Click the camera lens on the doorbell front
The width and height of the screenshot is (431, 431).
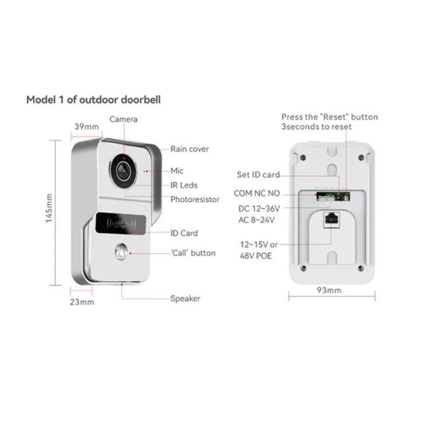(x=123, y=169)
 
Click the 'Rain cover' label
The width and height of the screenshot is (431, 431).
(x=190, y=149)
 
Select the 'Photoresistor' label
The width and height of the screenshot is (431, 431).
(x=195, y=199)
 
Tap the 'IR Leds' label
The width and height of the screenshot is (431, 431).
(x=184, y=185)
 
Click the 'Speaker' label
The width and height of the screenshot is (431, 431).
(x=185, y=298)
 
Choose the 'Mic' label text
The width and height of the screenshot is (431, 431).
(x=177, y=171)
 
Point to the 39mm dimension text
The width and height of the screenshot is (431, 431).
(x=86, y=127)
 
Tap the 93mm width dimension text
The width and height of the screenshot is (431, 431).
(x=329, y=291)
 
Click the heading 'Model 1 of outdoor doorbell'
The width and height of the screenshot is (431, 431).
(x=93, y=100)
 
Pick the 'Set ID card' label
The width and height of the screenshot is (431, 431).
(x=259, y=175)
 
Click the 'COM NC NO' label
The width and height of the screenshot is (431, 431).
(x=257, y=193)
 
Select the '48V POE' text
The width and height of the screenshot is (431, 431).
(x=256, y=256)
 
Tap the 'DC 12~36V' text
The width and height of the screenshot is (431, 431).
(x=259, y=208)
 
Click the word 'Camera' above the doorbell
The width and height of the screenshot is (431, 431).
(x=124, y=119)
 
